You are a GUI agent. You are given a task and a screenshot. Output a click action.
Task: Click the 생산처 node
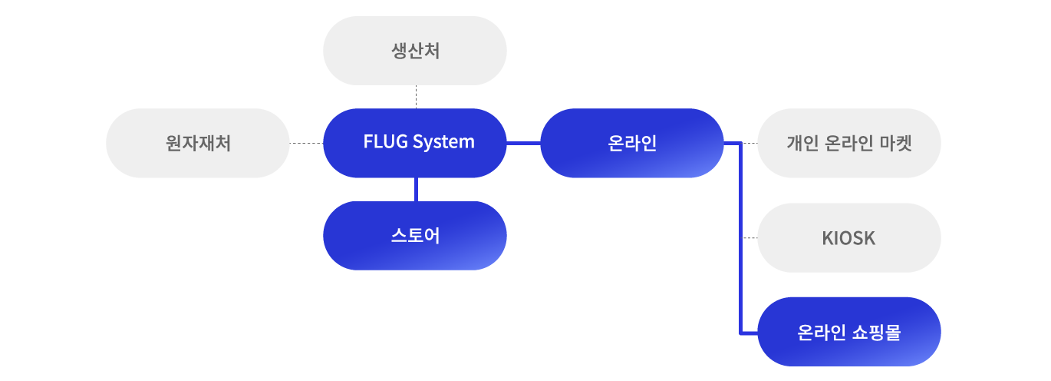tap(415, 51)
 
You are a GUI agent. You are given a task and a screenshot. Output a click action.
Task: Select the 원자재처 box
tap(198, 143)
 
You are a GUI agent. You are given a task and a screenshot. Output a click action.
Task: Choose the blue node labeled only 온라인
tap(631, 143)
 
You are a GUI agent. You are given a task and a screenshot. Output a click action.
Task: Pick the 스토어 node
tap(415, 236)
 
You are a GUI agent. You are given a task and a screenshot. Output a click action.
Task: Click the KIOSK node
tap(848, 238)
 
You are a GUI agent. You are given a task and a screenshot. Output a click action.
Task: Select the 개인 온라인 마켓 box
tap(848, 143)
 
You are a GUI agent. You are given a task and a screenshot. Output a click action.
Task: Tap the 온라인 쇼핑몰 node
tap(848, 332)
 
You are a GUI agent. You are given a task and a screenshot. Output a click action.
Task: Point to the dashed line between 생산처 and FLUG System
tap(416, 97)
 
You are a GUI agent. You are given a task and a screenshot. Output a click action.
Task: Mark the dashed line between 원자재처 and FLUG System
tap(306, 143)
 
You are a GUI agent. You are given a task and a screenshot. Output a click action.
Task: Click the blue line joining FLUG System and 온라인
tap(523, 143)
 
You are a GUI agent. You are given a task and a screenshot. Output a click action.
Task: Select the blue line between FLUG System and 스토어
tap(415, 190)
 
